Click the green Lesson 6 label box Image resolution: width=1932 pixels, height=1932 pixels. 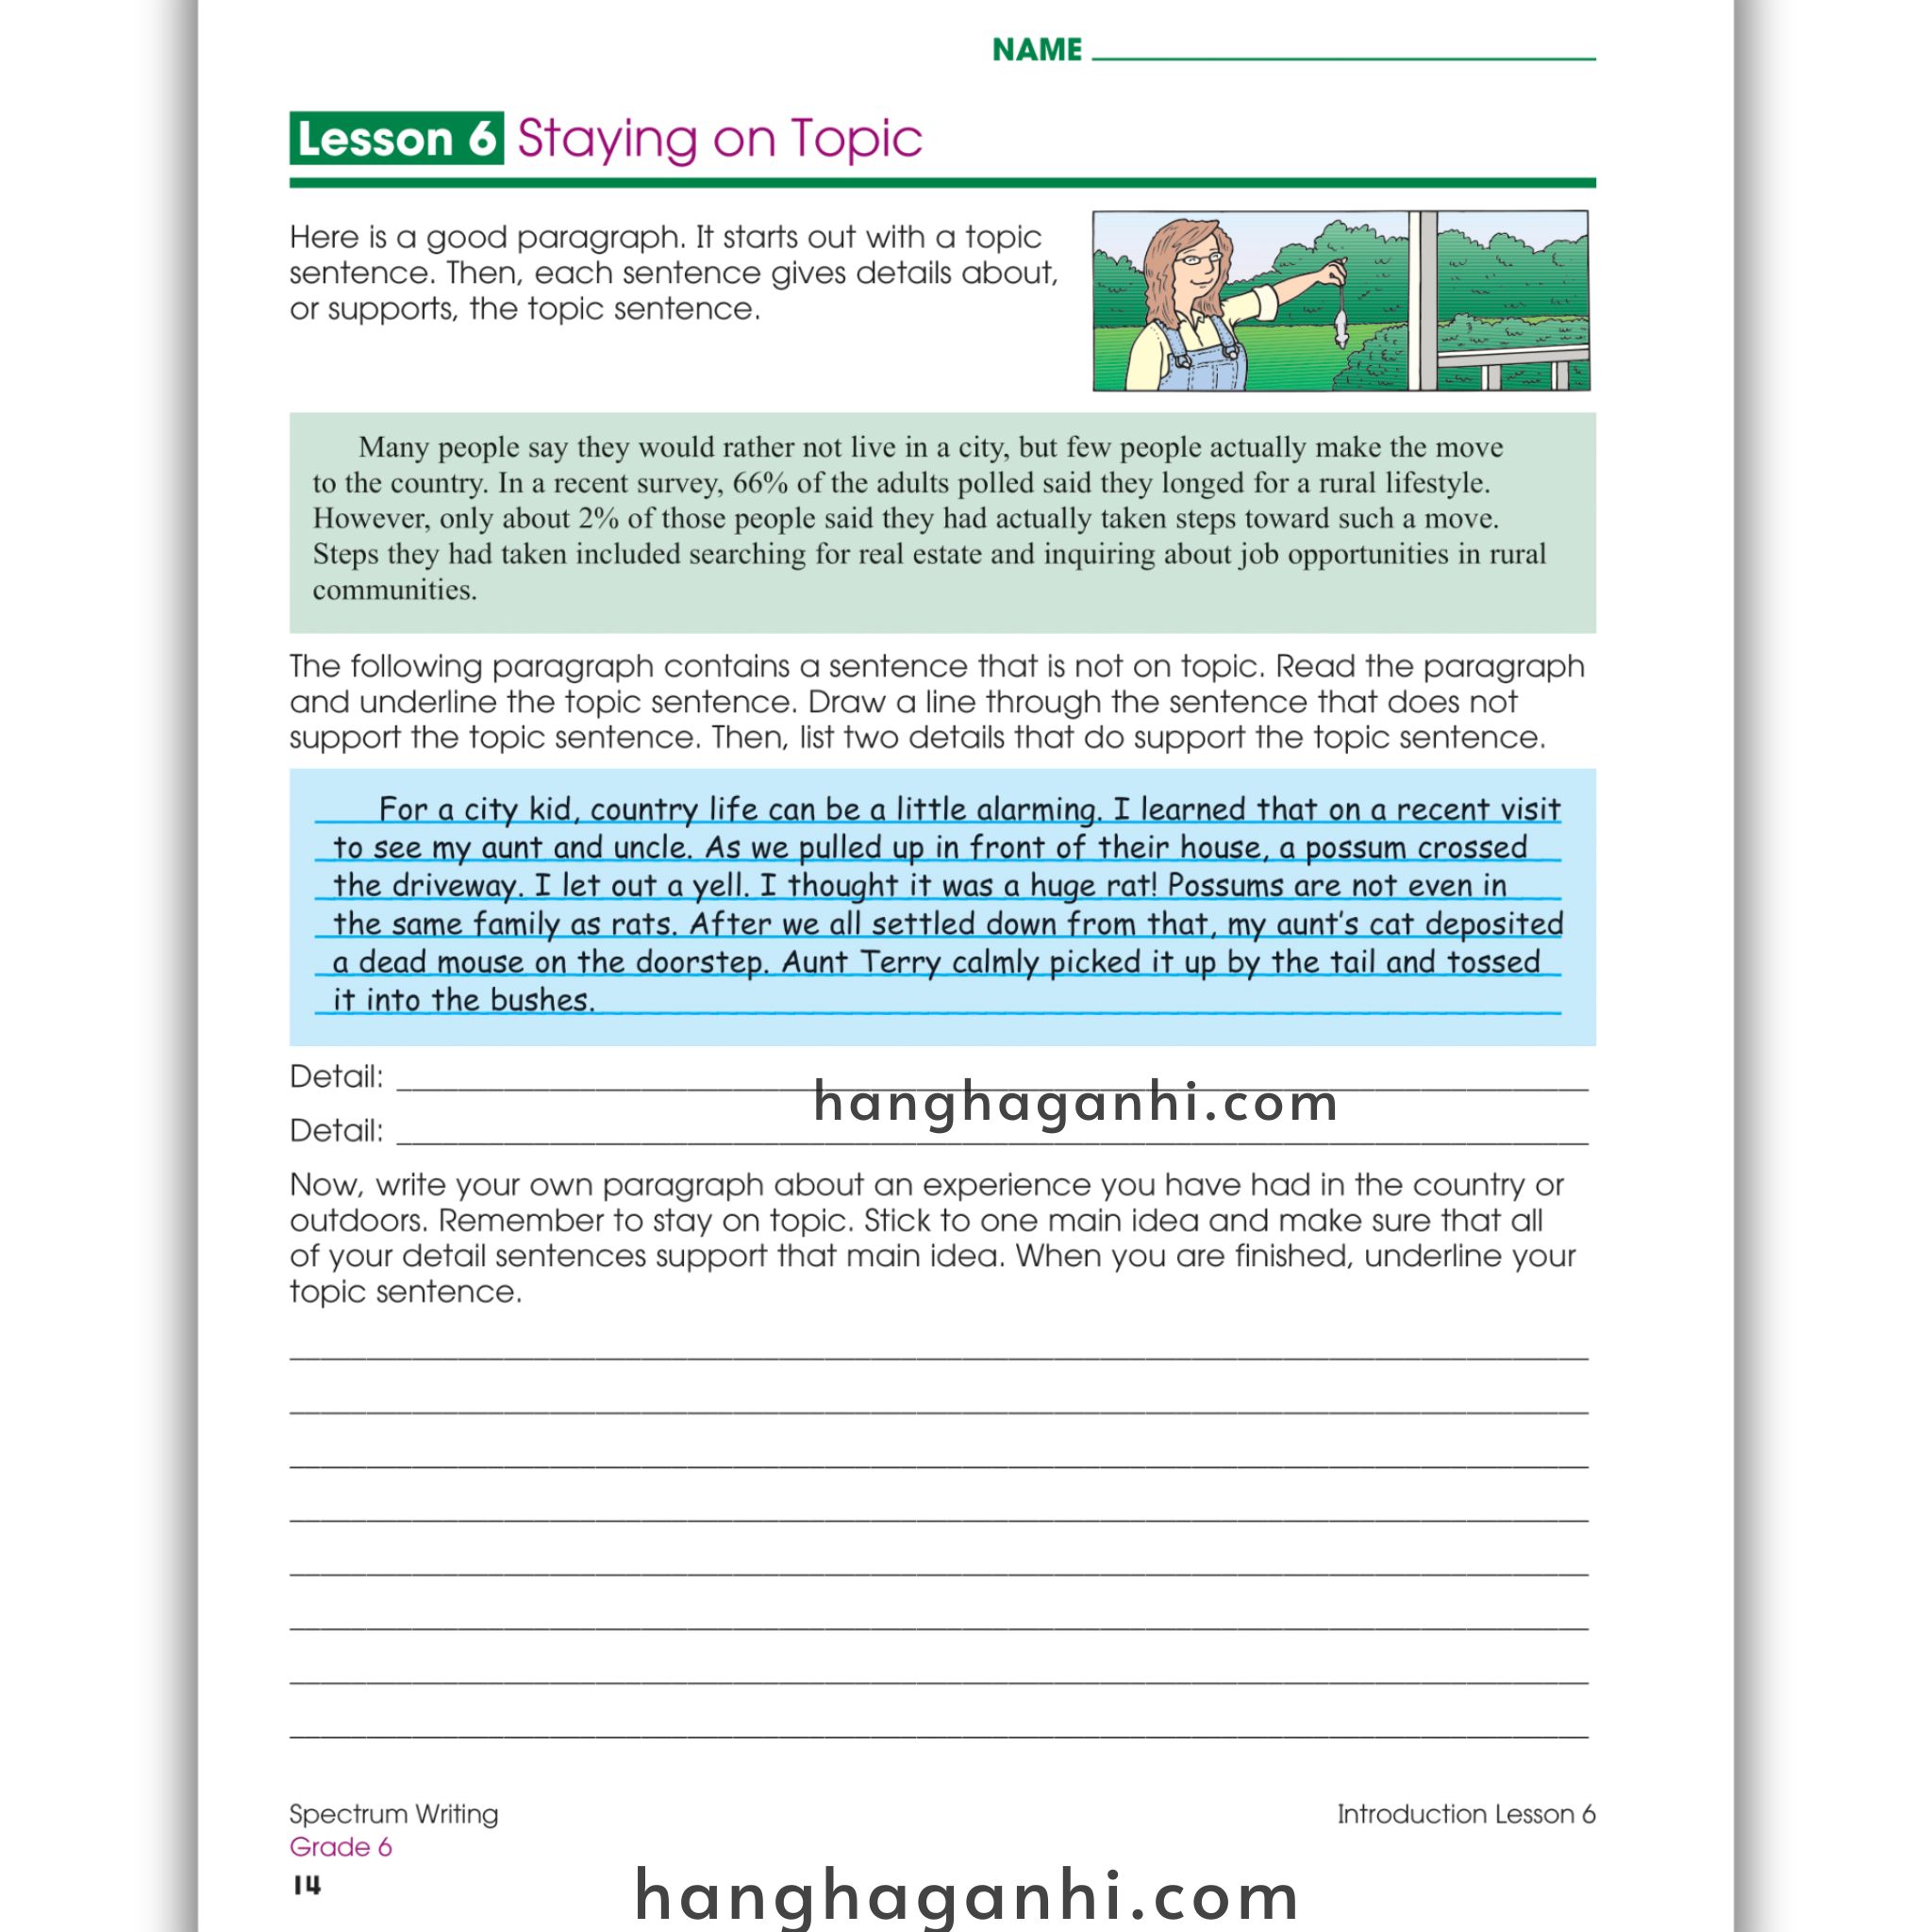click(x=396, y=138)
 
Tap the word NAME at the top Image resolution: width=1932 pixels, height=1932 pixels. click(x=1036, y=50)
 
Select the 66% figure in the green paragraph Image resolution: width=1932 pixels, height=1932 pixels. click(x=760, y=483)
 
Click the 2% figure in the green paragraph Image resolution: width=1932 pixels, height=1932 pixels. click(x=598, y=519)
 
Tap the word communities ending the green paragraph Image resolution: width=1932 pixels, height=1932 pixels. click(x=394, y=590)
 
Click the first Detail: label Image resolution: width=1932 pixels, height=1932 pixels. click(x=336, y=1077)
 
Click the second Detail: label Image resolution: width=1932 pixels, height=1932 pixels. click(x=336, y=1131)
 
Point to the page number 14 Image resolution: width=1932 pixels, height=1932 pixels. click(x=307, y=1885)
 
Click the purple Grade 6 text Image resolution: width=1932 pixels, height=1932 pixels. click(x=340, y=1847)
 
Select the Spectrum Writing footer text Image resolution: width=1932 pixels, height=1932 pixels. click(x=393, y=1814)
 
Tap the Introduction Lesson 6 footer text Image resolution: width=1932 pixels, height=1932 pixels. click(x=1465, y=1814)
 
